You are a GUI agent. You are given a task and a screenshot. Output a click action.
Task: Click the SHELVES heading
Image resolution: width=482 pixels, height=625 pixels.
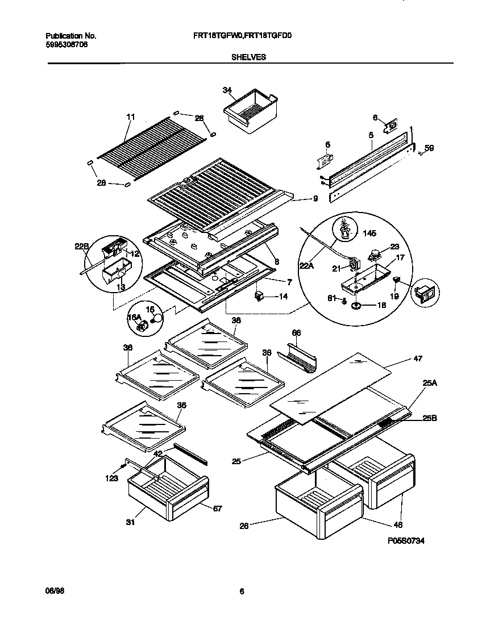(248, 57)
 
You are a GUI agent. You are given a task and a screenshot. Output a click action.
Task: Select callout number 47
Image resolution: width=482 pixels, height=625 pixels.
(418, 359)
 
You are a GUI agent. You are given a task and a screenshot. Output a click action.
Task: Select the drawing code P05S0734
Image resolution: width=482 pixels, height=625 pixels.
(405, 542)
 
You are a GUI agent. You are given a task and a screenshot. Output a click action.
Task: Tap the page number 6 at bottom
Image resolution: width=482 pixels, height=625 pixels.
(242, 591)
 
